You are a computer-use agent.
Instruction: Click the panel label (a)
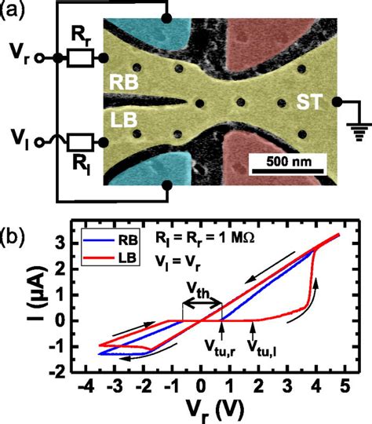(16, 11)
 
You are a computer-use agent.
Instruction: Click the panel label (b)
(16, 235)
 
